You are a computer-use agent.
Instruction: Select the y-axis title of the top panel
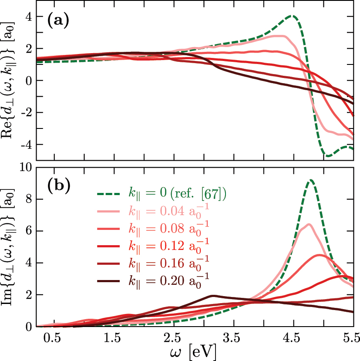click(12, 81)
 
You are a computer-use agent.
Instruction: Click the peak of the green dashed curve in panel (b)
click(310, 180)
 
